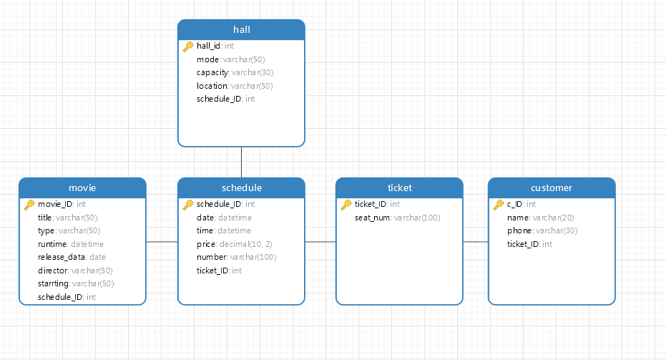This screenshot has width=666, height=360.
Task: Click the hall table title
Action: coord(241,29)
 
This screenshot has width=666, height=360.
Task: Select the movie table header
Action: coord(82,188)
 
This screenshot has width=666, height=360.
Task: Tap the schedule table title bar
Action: coord(241,188)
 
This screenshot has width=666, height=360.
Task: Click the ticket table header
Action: coord(399,188)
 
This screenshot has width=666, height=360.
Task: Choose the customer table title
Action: coord(551,188)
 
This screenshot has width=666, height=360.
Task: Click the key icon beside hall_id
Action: coord(187,47)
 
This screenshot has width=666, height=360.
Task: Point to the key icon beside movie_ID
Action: coord(29,205)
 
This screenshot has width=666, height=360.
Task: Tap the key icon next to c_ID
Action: coord(498,205)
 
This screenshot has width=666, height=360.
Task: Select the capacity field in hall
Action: coord(235,72)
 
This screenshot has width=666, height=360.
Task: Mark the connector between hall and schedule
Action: coord(241,162)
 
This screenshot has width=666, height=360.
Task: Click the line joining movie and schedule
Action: coord(162,242)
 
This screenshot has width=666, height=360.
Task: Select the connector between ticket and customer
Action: coord(475,242)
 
